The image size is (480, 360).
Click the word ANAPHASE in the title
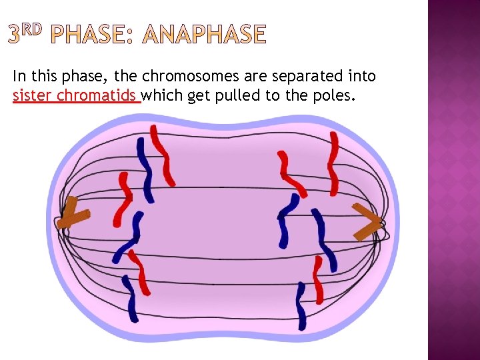pyautogui.click(x=205, y=35)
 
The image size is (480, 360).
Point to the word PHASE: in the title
pyautogui.click(x=93, y=35)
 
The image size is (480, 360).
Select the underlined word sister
pyautogui.click(x=33, y=96)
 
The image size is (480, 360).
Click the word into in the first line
pyautogui.click(x=360, y=77)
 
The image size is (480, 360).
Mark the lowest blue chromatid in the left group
pyautogui.click(x=130, y=299)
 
